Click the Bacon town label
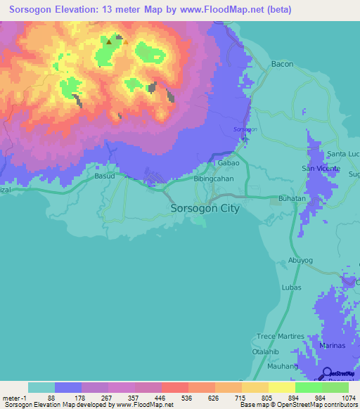tap(282, 64)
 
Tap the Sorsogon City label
tap(205, 209)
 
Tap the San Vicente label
tap(321, 169)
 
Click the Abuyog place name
tap(301, 259)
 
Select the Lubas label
tap(291, 287)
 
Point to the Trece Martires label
tap(281, 337)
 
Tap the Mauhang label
tap(283, 365)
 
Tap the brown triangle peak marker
tap(109, 41)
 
